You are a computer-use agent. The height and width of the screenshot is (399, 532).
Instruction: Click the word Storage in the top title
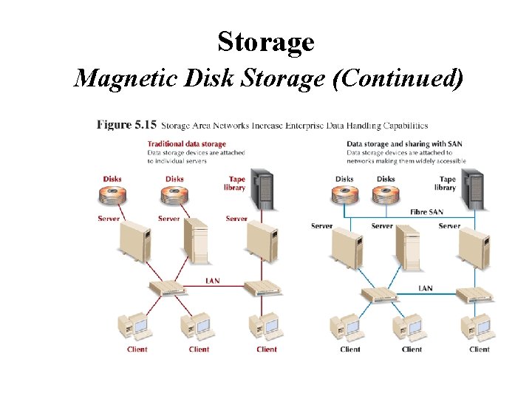pyautogui.click(x=266, y=42)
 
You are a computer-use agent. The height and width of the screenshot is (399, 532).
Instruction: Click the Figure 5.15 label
pyautogui.click(x=126, y=125)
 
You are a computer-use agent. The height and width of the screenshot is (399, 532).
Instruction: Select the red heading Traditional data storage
pyautogui.click(x=186, y=143)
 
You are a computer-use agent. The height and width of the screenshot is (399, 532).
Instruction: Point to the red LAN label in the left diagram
pyautogui.click(x=212, y=281)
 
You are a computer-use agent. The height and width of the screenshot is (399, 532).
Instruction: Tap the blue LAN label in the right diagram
pyautogui.click(x=426, y=288)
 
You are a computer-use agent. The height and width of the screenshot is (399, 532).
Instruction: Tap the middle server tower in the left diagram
pyautogui.click(x=196, y=241)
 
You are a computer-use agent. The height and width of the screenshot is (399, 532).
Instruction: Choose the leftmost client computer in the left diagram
pyautogui.click(x=133, y=327)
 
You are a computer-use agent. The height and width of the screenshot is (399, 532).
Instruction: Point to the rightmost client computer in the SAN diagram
pyautogui.click(x=479, y=327)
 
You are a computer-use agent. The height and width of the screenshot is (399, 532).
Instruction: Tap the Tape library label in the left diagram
pyautogui.click(x=235, y=183)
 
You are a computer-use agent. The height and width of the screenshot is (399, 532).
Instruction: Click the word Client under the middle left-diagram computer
pyautogui.click(x=199, y=349)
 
